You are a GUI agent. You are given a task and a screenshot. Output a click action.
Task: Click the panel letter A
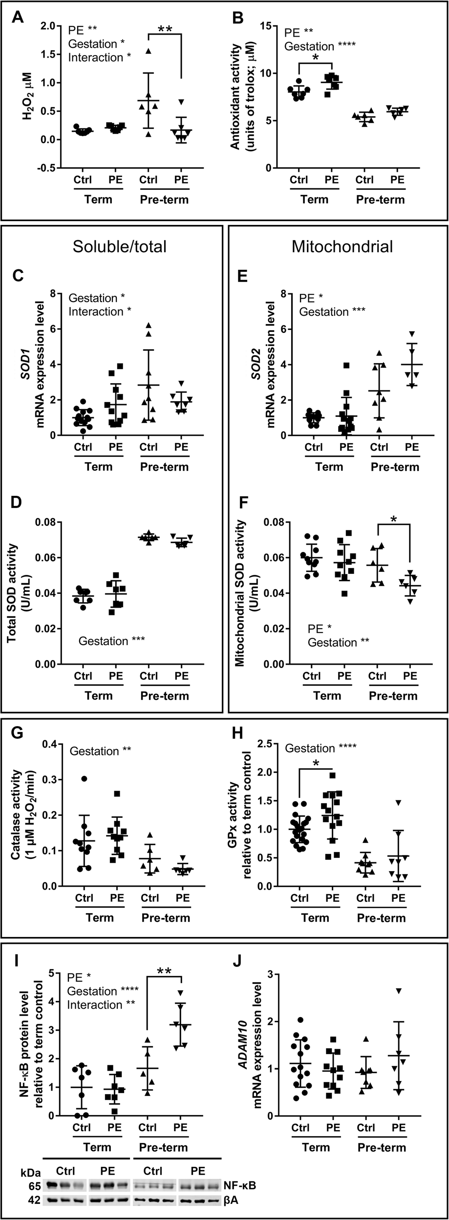click(x=18, y=18)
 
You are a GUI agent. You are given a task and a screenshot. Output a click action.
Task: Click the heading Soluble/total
click(x=119, y=246)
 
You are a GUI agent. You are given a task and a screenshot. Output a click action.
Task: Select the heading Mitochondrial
click(x=342, y=246)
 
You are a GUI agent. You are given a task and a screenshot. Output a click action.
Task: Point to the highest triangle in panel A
click(x=149, y=51)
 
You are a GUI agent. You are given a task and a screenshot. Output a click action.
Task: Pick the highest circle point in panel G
click(x=84, y=778)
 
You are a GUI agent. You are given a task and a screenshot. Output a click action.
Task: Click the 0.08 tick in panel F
click(x=274, y=522)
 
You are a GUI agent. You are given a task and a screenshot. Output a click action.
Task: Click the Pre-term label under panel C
click(x=164, y=467)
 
